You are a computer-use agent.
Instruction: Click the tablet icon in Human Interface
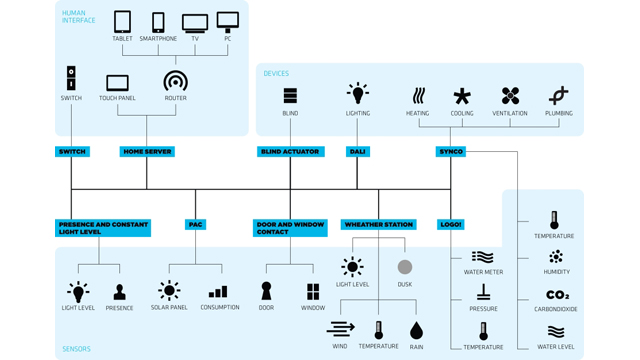pos(122,21)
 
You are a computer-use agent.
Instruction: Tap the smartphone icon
pos(158,21)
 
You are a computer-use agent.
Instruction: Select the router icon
pos(175,81)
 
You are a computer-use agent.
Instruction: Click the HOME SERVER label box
pos(147,152)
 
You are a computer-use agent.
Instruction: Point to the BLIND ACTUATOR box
pos(290,152)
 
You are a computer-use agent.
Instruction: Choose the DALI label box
pos(358,152)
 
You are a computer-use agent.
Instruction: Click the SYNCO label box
pos(451,152)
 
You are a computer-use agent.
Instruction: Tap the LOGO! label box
pos(451,225)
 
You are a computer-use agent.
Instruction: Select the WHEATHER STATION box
pos(379,225)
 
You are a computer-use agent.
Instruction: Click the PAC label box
pos(195,225)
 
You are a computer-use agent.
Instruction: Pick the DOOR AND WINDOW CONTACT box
pos(290,228)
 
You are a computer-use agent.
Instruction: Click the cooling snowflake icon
pos(462,96)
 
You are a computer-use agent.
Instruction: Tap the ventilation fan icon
pos(510,96)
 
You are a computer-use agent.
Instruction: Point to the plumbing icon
pos(558,96)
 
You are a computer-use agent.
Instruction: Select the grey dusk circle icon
pos(404,267)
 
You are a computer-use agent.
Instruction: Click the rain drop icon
pos(416,330)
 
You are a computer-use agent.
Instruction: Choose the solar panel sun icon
pos(169,291)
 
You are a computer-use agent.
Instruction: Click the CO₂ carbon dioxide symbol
pos(557,295)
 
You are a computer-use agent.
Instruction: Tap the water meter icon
pos(483,258)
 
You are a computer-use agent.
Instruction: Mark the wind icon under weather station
pos(341,329)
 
